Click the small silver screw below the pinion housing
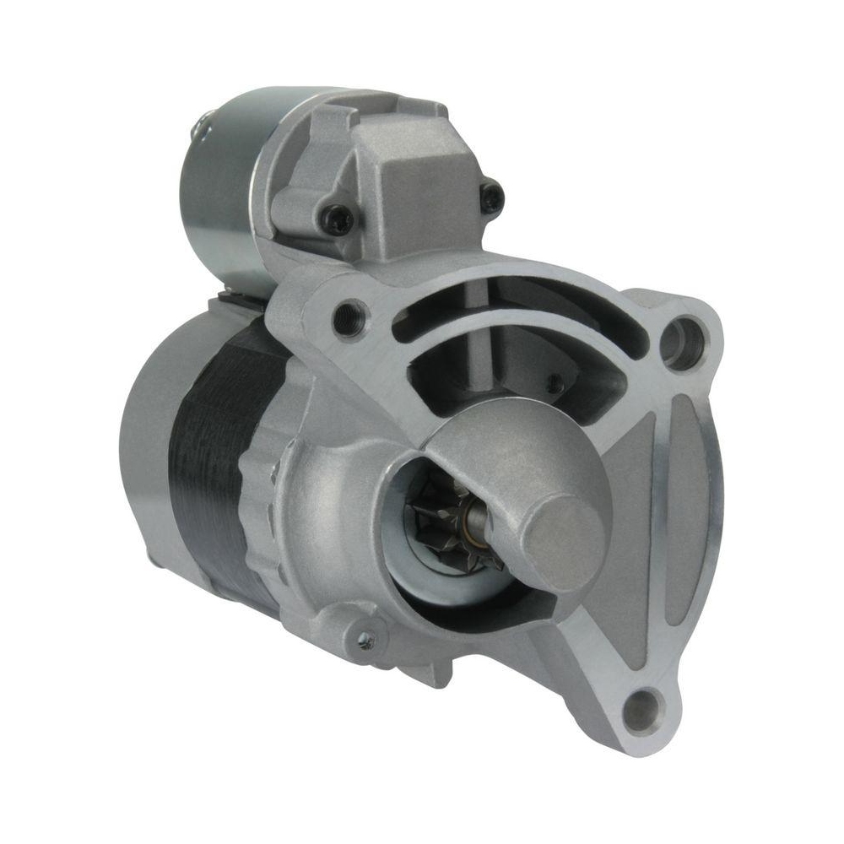365,641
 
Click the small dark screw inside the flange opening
554,382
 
